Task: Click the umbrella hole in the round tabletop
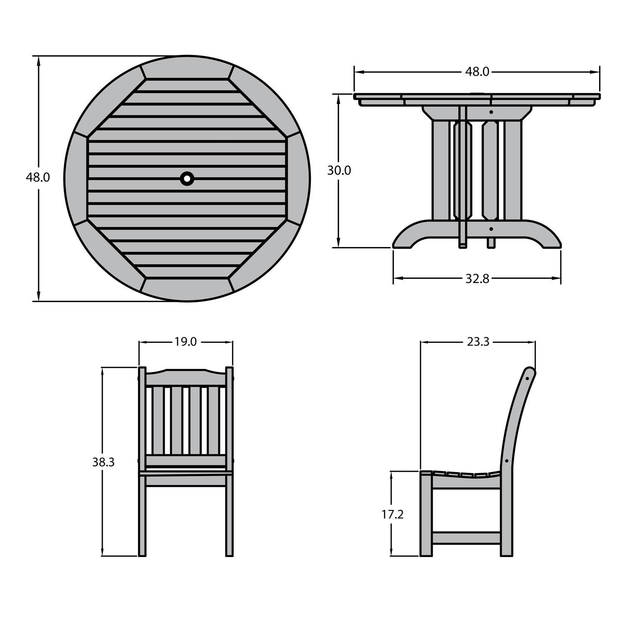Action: point(187,178)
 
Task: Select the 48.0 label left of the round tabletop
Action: point(38,178)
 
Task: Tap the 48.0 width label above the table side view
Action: point(477,72)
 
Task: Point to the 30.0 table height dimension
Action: point(339,171)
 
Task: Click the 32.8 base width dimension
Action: point(477,279)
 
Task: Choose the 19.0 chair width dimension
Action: point(186,342)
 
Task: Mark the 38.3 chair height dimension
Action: point(103,462)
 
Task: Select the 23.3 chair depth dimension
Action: point(478,342)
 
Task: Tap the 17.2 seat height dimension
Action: point(392,515)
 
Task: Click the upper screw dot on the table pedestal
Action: point(491,112)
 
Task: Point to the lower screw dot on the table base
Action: point(491,229)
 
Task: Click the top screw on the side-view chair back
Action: point(527,379)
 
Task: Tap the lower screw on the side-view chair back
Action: point(507,461)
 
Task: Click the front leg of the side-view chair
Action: point(426,516)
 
